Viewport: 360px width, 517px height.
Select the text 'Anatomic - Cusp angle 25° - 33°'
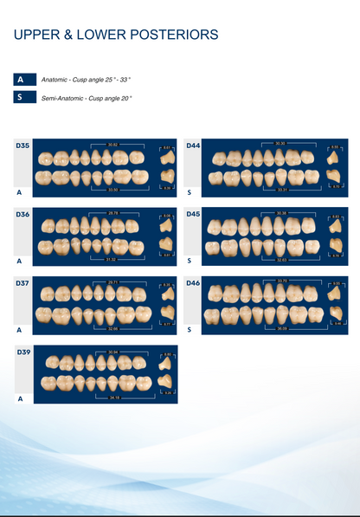tap(86, 80)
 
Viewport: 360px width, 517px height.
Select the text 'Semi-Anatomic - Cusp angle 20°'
tap(87, 99)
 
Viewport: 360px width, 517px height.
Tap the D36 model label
tap(22, 214)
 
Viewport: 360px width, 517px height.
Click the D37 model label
tap(22, 283)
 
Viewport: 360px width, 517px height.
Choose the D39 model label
tap(22, 352)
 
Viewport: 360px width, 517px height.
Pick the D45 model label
tap(193, 214)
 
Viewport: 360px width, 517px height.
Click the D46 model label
tap(193, 283)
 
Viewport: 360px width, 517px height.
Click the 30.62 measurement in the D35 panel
tap(113, 144)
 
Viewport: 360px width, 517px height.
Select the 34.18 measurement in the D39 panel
tap(113, 397)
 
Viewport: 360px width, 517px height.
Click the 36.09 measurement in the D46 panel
tap(281, 328)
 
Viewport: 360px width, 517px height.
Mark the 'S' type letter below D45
tap(189, 261)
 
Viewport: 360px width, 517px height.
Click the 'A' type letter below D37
tap(19, 330)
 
